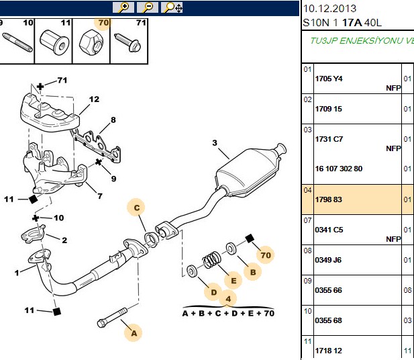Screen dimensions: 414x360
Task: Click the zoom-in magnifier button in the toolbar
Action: pyautogui.click(x=123, y=7)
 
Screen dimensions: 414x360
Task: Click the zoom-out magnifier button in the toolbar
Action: pyautogui.click(x=148, y=7)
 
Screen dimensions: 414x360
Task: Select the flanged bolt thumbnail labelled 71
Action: pyautogui.click(x=127, y=42)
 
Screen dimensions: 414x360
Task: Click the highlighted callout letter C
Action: pyautogui.click(x=136, y=208)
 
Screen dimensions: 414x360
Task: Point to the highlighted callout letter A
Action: pyautogui.click(x=134, y=333)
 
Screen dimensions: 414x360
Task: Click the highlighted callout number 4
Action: pyautogui.click(x=228, y=299)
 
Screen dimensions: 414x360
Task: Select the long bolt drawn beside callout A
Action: pyautogui.click(x=112, y=317)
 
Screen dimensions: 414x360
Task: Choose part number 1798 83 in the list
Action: pyautogui.click(x=329, y=199)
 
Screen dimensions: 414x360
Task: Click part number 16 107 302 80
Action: pyautogui.click(x=338, y=169)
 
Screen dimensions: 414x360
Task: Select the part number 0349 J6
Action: pyautogui.click(x=328, y=260)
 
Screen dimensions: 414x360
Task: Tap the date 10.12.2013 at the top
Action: pyautogui.click(x=329, y=9)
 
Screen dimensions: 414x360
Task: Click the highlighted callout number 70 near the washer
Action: pyautogui.click(x=266, y=255)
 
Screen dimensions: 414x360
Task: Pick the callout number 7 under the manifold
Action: pyautogui.click(x=100, y=196)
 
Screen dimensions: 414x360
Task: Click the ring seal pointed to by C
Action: pyautogui.click(x=152, y=238)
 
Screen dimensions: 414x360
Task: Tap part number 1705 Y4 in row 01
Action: pyautogui.click(x=329, y=79)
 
